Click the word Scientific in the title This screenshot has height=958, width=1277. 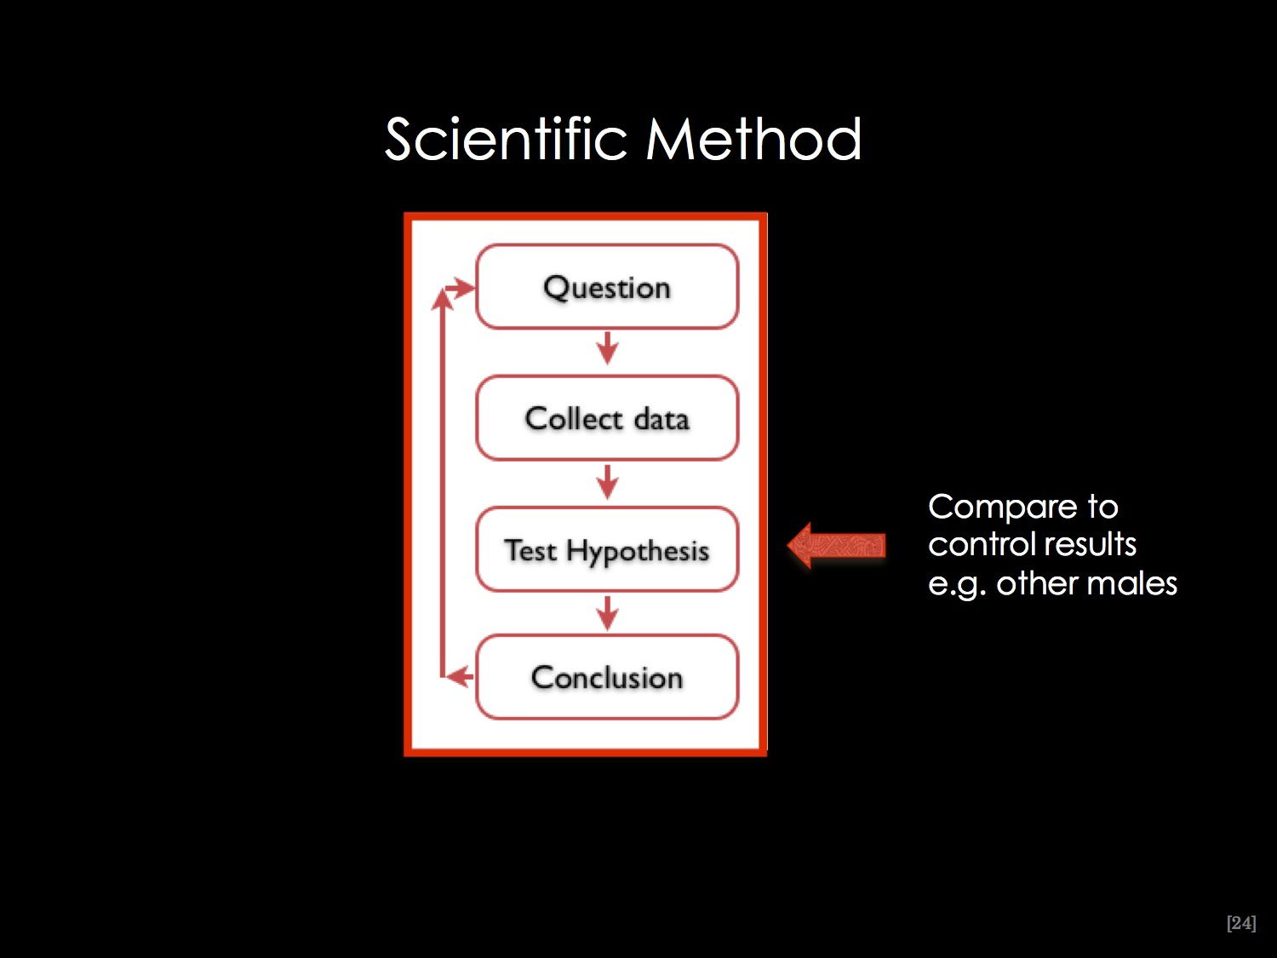[x=507, y=139]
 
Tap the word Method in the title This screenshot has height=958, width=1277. [x=754, y=139]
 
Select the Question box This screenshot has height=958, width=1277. [x=607, y=287]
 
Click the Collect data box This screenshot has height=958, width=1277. [x=607, y=418]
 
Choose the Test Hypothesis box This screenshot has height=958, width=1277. [x=607, y=549]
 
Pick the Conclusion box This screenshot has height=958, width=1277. [x=607, y=677]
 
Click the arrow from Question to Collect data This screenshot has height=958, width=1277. [x=607, y=348]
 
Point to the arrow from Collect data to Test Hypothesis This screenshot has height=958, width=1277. [x=607, y=482]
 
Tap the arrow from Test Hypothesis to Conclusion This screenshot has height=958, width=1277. [x=607, y=613]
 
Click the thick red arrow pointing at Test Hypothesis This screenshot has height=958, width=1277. [x=837, y=546]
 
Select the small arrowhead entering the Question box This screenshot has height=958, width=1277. [x=460, y=287]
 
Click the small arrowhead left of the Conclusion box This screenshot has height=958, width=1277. [x=460, y=676]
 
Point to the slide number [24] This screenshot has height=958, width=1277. [x=1241, y=923]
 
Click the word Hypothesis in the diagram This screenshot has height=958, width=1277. [x=638, y=552]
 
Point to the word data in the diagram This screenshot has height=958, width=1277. [x=661, y=419]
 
